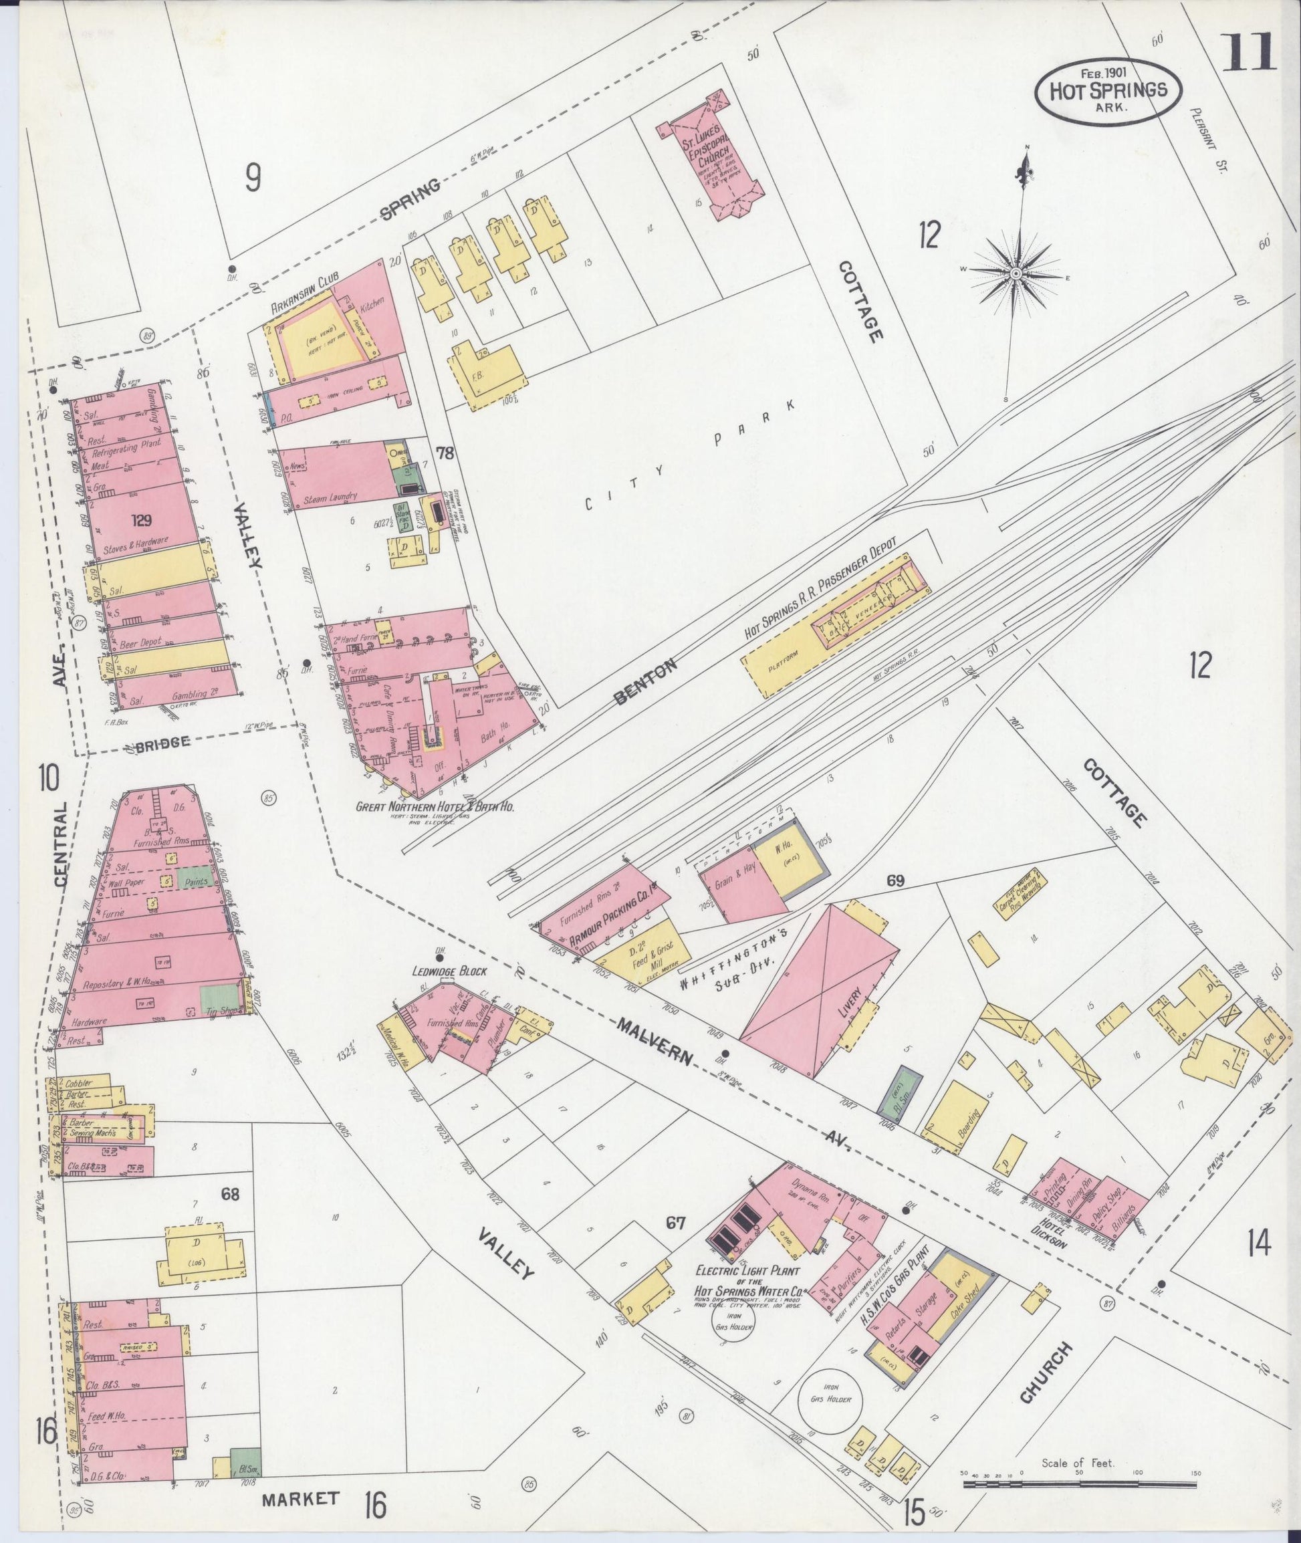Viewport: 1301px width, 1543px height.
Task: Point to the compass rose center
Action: (1016, 273)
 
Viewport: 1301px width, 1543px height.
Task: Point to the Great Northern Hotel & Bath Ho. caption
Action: (435, 807)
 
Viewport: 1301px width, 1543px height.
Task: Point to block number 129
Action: (142, 521)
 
